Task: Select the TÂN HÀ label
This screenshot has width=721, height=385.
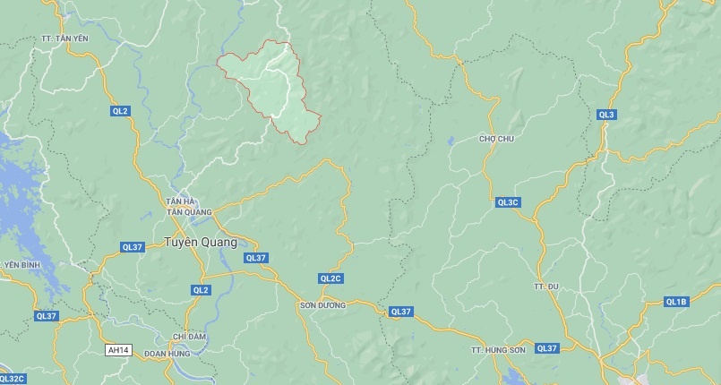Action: (x=182, y=201)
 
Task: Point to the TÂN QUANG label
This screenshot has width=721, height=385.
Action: (x=189, y=212)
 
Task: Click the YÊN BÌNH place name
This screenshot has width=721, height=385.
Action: (x=23, y=265)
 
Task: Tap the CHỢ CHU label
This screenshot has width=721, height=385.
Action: (x=496, y=139)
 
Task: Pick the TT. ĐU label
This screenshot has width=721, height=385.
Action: (x=545, y=286)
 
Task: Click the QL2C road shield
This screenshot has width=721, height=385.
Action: (x=330, y=278)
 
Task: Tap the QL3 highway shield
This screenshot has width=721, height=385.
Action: (x=606, y=115)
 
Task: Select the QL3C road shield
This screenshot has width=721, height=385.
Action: (x=508, y=202)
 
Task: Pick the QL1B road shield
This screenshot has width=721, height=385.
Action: (x=676, y=302)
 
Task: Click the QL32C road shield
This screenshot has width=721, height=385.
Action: (x=13, y=379)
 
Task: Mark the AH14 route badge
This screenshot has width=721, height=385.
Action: (x=117, y=349)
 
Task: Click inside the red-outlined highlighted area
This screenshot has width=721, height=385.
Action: (x=273, y=85)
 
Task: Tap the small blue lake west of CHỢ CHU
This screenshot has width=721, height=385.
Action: (x=450, y=141)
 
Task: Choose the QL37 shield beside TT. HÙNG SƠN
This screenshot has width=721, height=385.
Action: (x=546, y=347)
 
